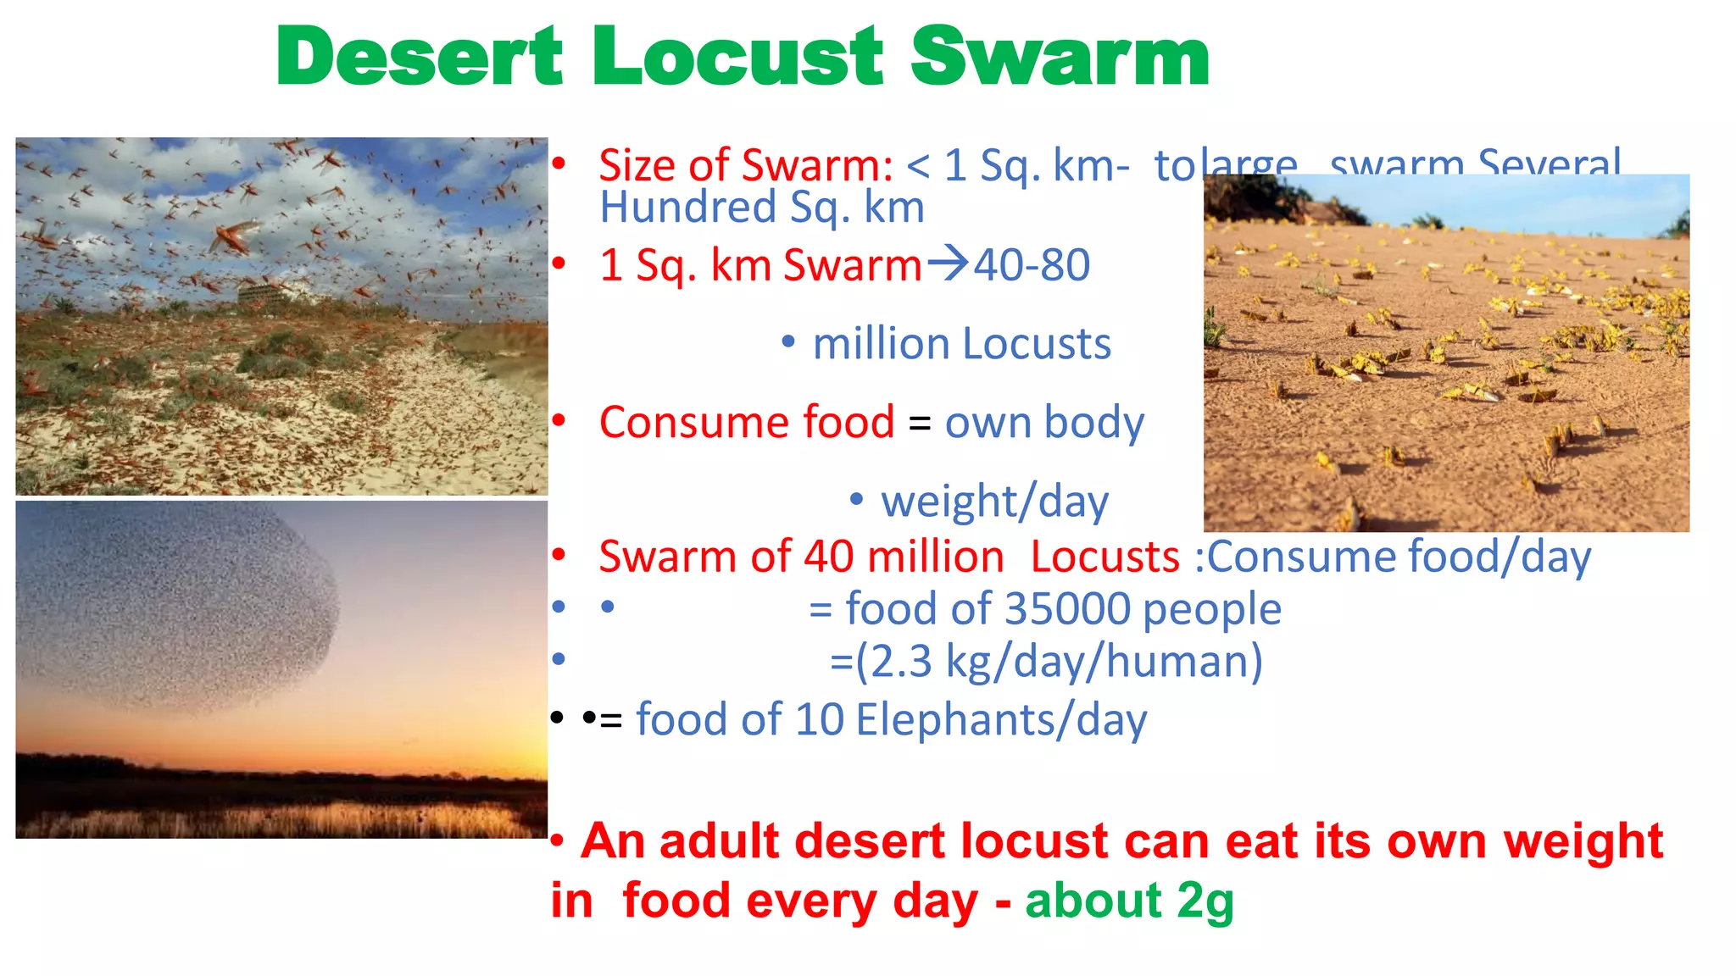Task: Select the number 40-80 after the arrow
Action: click(x=1031, y=265)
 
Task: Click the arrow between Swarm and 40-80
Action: click(x=947, y=263)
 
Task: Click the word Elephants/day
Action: click(x=1001, y=720)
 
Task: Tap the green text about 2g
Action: click(x=1128, y=901)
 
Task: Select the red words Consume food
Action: click(x=746, y=422)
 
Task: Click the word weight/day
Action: click(x=994, y=502)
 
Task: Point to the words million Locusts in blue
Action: click(x=961, y=344)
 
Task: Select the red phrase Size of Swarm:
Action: click(x=745, y=164)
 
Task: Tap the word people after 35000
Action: click(x=1211, y=609)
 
